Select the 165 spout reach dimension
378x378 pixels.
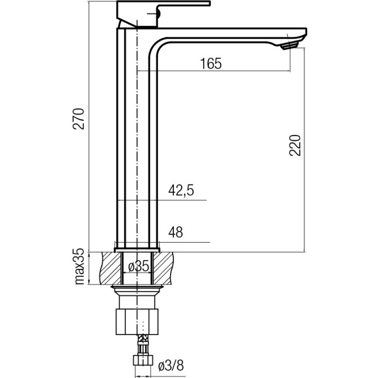[211, 64]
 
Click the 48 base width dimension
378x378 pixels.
[176, 233]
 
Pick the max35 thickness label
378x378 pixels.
[79, 267]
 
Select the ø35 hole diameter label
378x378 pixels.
[139, 267]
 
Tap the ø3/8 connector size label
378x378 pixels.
[172, 365]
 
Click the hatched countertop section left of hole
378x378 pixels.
[107, 268]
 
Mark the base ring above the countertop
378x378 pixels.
[137, 245]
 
